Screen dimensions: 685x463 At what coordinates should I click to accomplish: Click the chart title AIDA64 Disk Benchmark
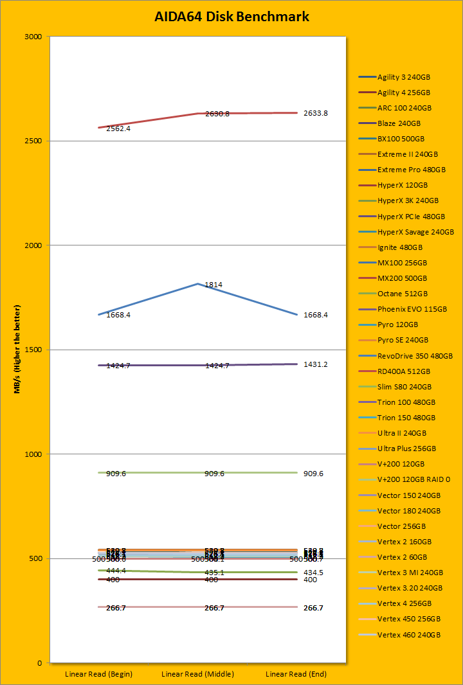[232, 17]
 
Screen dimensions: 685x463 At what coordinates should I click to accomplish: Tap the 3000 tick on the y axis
[33, 37]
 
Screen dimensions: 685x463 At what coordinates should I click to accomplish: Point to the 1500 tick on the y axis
[33, 350]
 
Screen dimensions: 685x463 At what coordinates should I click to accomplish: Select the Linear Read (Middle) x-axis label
[197, 674]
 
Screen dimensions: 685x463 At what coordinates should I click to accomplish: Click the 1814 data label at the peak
[213, 284]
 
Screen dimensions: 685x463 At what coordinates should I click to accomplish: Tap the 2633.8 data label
[315, 113]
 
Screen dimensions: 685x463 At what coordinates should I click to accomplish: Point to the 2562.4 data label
[118, 129]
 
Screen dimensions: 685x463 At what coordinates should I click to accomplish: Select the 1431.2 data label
[315, 364]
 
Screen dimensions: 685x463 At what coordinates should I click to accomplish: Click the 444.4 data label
[116, 570]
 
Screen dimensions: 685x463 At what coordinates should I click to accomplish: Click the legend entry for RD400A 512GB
[404, 371]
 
